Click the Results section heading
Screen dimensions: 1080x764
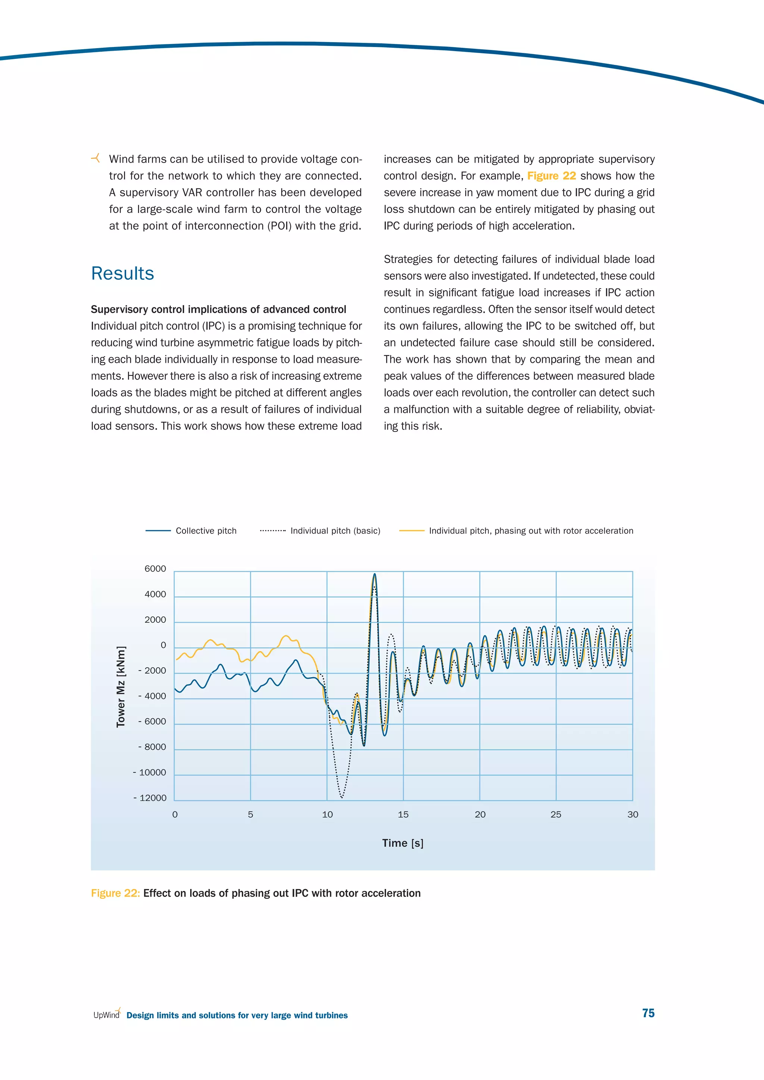tap(122, 274)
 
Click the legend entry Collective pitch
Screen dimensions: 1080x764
tap(206, 531)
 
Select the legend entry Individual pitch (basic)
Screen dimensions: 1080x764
tap(335, 531)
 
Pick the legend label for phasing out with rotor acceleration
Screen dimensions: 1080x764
tap(531, 531)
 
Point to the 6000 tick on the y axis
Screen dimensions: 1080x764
tap(155, 569)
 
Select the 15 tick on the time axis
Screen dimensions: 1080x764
tap(403, 814)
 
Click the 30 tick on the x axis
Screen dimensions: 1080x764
tap(633, 814)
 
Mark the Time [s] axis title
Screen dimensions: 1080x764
tap(403, 843)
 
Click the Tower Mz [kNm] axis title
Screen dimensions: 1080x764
tap(121, 687)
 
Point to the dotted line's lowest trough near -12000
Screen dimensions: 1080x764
tap(342, 797)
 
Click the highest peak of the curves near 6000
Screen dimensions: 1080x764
tap(375, 574)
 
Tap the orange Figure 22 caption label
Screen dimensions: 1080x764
tap(115, 893)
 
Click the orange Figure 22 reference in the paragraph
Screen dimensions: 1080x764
tap(551, 176)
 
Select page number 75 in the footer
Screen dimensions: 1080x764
tap(648, 1013)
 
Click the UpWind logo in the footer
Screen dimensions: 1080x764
tap(107, 1014)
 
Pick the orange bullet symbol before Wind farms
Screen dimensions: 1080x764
tap(95, 158)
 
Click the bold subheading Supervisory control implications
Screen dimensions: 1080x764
tap(218, 310)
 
